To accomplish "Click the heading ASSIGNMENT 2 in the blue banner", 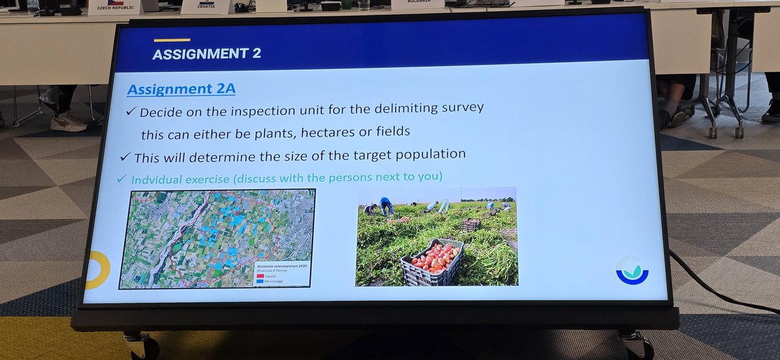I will coord(206,54).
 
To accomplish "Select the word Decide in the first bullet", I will coord(162,110).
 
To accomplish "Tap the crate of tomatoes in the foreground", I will coord(431,261).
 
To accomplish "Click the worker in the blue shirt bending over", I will coord(387,205).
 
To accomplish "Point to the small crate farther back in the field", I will coord(471,225).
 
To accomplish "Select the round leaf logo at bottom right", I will coord(631,268).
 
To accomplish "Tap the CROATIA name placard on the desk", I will coord(206,6).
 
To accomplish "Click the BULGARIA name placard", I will coord(417,3).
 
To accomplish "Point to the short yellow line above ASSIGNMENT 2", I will coord(172,40).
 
